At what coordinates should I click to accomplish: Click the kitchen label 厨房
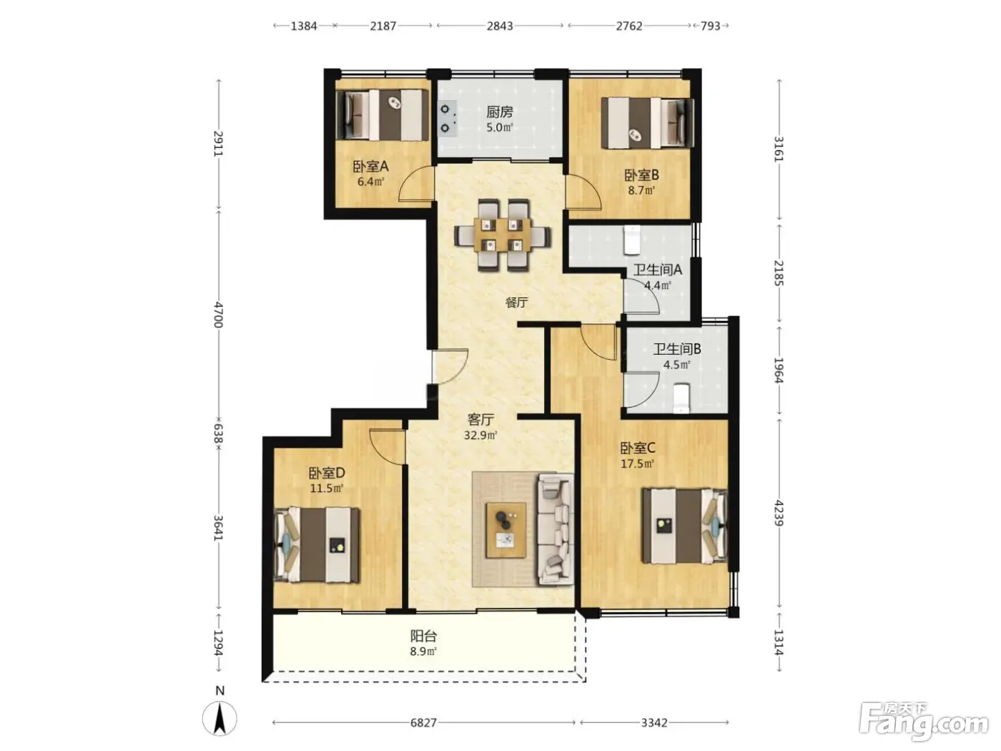pyautogui.click(x=499, y=112)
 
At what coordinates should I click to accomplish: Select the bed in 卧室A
pyautogui.click(x=382, y=114)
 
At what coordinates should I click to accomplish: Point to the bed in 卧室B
pyautogui.click(x=648, y=122)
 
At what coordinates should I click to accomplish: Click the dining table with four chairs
pyautogui.click(x=503, y=235)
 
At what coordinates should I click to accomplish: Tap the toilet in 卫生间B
pyautogui.click(x=681, y=398)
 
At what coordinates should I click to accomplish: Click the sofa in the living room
pyautogui.click(x=556, y=529)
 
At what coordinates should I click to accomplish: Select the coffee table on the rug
pyautogui.click(x=506, y=530)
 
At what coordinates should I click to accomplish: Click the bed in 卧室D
pyautogui.click(x=317, y=544)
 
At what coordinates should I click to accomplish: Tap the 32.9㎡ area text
pyautogui.click(x=480, y=436)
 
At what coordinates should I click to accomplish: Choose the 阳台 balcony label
pyautogui.click(x=424, y=635)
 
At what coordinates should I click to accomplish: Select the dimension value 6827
pyautogui.click(x=423, y=722)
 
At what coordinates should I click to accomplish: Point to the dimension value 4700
pyautogui.click(x=219, y=315)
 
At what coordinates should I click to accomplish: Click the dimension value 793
pyautogui.click(x=711, y=26)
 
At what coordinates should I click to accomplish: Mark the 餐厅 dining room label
pyautogui.click(x=516, y=303)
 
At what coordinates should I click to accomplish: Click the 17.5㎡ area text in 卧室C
pyautogui.click(x=638, y=464)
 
